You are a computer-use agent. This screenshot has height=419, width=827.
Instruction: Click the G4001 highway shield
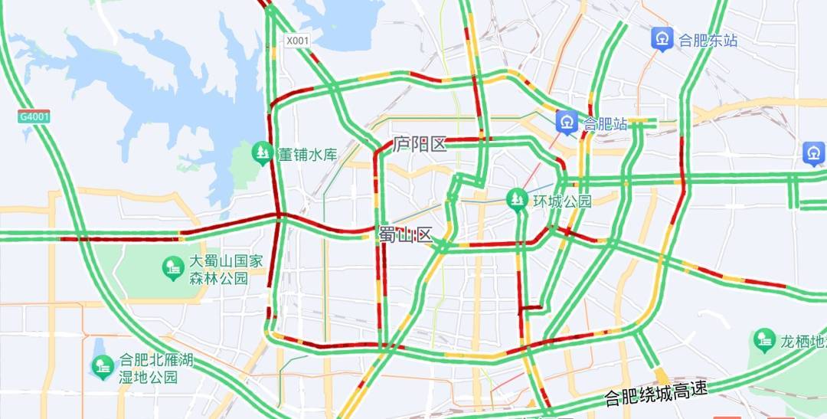(x=34, y=116)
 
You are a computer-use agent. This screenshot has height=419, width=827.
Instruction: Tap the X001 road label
(x=297, y=41)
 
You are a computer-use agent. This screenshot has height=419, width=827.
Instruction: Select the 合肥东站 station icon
(x=662, y=38)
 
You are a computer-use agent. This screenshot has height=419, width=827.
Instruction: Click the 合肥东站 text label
(x=708, y=40)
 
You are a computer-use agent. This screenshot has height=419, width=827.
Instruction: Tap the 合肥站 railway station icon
(x=567, y=122)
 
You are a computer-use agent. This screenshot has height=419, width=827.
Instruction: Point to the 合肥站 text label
(x=605, y=123)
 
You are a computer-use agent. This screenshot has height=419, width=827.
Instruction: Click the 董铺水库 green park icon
(x=263, y=154)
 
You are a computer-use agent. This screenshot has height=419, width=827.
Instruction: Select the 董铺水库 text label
(x=307, y=155)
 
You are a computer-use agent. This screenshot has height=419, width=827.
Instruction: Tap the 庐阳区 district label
(x=420, y=144)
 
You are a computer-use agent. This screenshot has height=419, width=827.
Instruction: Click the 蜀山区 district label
(x=405, y=235)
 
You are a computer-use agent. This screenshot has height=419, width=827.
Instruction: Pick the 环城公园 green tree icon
(x=518, y=200)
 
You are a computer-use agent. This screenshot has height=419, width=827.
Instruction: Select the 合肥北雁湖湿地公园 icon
(x=103, y=368)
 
